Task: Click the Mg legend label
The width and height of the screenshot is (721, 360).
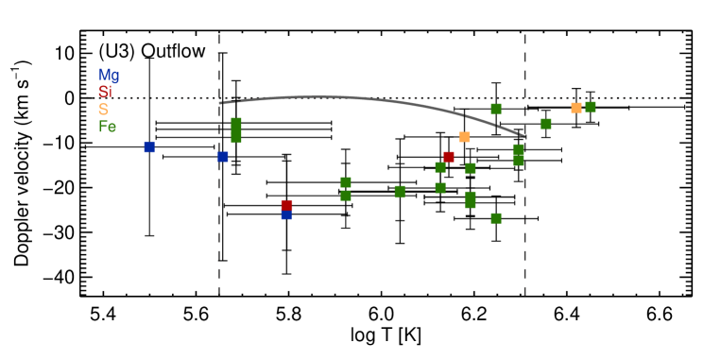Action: point(109,76)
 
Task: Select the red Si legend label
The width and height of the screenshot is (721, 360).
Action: point(105,93)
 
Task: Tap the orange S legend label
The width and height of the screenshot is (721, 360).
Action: point(103,110)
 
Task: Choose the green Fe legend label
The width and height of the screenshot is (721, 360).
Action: point(108,127)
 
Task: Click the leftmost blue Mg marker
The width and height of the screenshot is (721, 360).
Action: point(149,147)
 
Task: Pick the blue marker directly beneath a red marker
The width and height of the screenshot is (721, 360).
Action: point(286,215)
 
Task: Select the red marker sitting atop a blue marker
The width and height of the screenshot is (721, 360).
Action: point(286,205)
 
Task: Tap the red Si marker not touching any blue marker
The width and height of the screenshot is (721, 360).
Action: point(449,157)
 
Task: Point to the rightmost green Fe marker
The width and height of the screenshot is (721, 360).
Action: point(591,107)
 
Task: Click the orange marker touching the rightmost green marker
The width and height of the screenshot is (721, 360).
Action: point(576,108)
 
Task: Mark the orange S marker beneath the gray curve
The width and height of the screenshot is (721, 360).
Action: point(464,137)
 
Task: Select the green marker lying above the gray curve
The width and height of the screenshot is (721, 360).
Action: point(496,109)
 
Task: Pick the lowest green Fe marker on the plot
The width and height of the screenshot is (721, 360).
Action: point(496,218)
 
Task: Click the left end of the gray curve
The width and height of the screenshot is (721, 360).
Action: point(220,103)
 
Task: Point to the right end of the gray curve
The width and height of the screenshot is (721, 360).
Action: point(524,136)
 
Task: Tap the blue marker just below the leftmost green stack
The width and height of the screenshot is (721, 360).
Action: point(223,157)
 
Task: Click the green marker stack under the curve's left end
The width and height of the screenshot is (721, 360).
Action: point(236,130)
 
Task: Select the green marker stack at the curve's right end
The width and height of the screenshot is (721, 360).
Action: point(519,155)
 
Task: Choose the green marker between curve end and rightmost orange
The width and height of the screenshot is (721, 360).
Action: point(546,124)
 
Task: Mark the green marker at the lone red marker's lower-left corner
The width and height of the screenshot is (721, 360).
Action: point(440,167)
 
